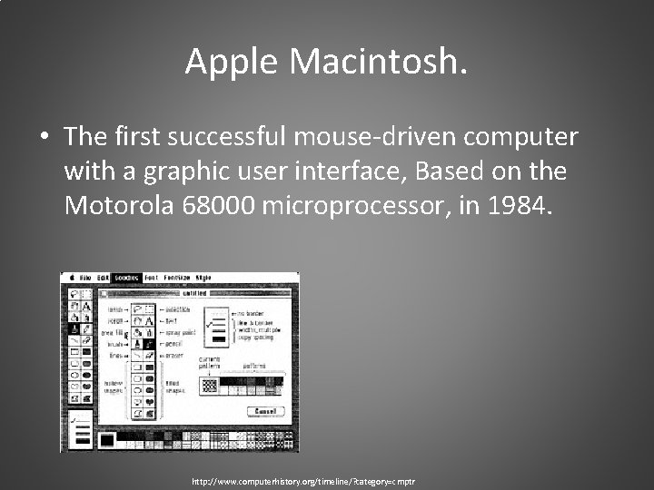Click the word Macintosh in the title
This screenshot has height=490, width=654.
coord(379,62)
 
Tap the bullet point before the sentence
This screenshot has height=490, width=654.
coord(45,138)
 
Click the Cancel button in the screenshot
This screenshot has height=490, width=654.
coord(264,411)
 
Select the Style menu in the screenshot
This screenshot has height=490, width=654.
coord(203,277)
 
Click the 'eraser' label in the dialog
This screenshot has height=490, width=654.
coord(173,356)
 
